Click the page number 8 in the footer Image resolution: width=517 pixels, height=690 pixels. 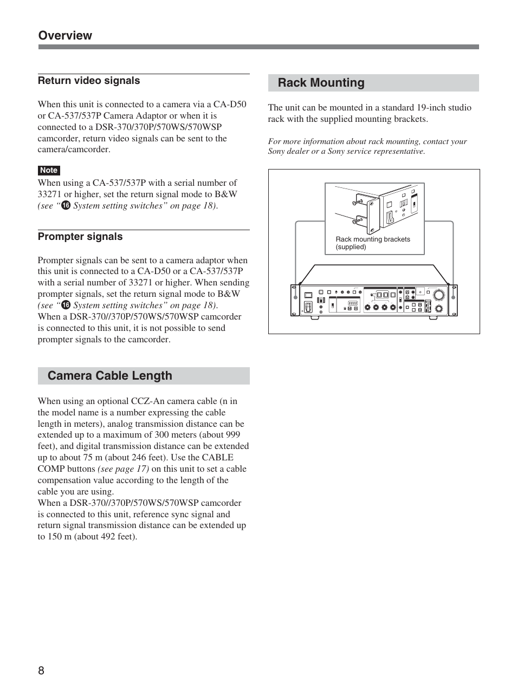tap(41, 671)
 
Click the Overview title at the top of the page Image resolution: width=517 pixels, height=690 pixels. tap(65, 36)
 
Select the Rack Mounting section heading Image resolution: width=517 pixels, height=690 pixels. tap(321, 83)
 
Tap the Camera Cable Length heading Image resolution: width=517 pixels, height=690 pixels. tap(109, 376)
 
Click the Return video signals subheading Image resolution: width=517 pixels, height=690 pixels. tap(89, 81)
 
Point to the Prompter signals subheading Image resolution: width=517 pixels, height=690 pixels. tap(80, 237)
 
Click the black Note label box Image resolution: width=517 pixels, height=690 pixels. tap(49, 170)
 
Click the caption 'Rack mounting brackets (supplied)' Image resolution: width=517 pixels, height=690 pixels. tap(372, 243)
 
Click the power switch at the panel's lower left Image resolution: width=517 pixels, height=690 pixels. tap(308, 307)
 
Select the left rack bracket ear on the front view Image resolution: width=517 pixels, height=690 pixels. tap(295, 298)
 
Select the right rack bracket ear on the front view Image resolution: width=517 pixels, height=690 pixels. tap(453, 298)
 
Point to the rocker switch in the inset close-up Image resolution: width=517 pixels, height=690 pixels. tap(389, 218)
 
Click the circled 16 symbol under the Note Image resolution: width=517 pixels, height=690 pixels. tap(66, 206)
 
